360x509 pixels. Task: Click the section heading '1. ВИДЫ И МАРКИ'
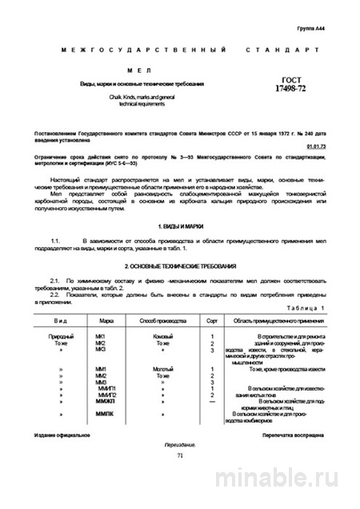(x=180, y=227)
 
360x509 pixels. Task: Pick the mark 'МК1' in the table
(x=101, y=336)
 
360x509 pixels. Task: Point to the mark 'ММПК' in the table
(x=104, y=415)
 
